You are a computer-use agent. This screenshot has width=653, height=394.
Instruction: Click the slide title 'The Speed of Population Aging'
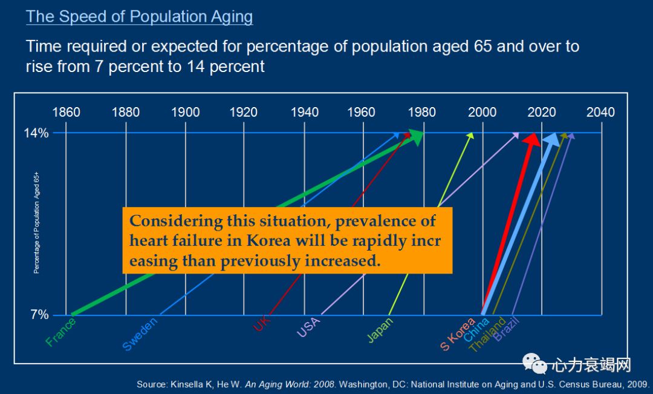pos(139,16)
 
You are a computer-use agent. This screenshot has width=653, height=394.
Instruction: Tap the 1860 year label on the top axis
pos(66,112)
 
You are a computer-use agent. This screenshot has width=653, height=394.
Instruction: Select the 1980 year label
pos(421,112)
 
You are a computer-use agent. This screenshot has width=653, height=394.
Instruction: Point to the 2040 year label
pos(600,112)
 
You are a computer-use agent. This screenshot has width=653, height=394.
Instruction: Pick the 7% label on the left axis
pos(39,315)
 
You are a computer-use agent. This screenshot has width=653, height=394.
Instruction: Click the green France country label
pos(60,332)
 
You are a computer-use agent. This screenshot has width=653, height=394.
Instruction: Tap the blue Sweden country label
pos(140,334)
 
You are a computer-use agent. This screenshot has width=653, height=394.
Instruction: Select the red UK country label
pos(262,325)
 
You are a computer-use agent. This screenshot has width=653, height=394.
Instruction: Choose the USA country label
pos(308,327)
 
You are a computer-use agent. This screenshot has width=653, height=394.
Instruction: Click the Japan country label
pos(380,330)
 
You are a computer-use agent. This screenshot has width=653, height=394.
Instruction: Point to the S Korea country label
pos(457,335)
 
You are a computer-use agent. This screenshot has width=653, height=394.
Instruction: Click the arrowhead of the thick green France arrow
pos(416,137)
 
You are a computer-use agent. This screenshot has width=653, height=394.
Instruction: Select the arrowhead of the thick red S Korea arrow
pos(532,140)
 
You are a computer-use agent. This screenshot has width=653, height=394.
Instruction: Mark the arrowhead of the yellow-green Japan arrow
pos(470,136)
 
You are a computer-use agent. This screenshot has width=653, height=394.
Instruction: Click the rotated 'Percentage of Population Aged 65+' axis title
pos(36,223)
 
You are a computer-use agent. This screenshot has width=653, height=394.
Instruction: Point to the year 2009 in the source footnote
pos(636,384)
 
